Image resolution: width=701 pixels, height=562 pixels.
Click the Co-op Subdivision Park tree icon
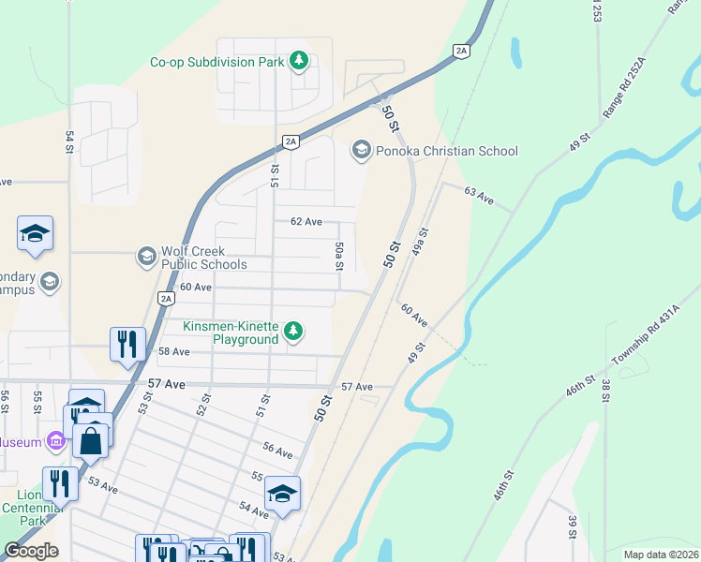point(299,62)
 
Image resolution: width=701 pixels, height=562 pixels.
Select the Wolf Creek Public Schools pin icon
point(146,256)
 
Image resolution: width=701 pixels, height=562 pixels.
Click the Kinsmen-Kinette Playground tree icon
point(294,331)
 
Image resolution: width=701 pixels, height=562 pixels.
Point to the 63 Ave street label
point(479,194)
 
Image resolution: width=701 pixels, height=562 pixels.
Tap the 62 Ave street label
point(306,222)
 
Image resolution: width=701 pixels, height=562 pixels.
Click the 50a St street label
point(339,254)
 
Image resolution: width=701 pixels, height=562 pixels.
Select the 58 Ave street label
point(174,351)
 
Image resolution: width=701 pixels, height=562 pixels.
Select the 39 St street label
point(572,526)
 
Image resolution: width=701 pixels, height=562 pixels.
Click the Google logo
point(31,551)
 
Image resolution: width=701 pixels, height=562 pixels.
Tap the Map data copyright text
point(660,555)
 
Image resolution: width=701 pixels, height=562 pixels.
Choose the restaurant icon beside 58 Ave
point(127,343)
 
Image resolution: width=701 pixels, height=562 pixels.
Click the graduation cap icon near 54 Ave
point(281,493)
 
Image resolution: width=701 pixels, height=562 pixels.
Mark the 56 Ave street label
point(277,451)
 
